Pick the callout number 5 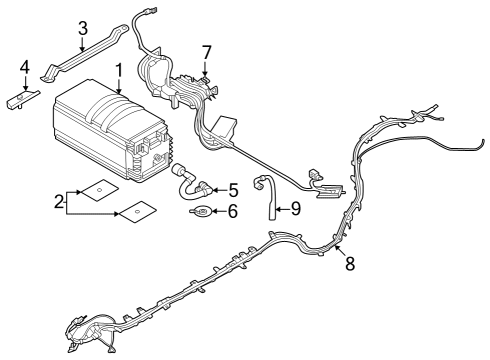pyautogui.click(x=232, y=187)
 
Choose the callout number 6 pyautogui.click(x=232, y=211)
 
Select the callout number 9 pyautogui.click(x=295, y=209)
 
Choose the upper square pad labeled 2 pyautogui.click(x=97, y=188)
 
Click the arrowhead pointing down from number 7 pyautogui.click(x=206, y=71)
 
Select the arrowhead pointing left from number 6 pyautogui.click(x=211, y=211)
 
